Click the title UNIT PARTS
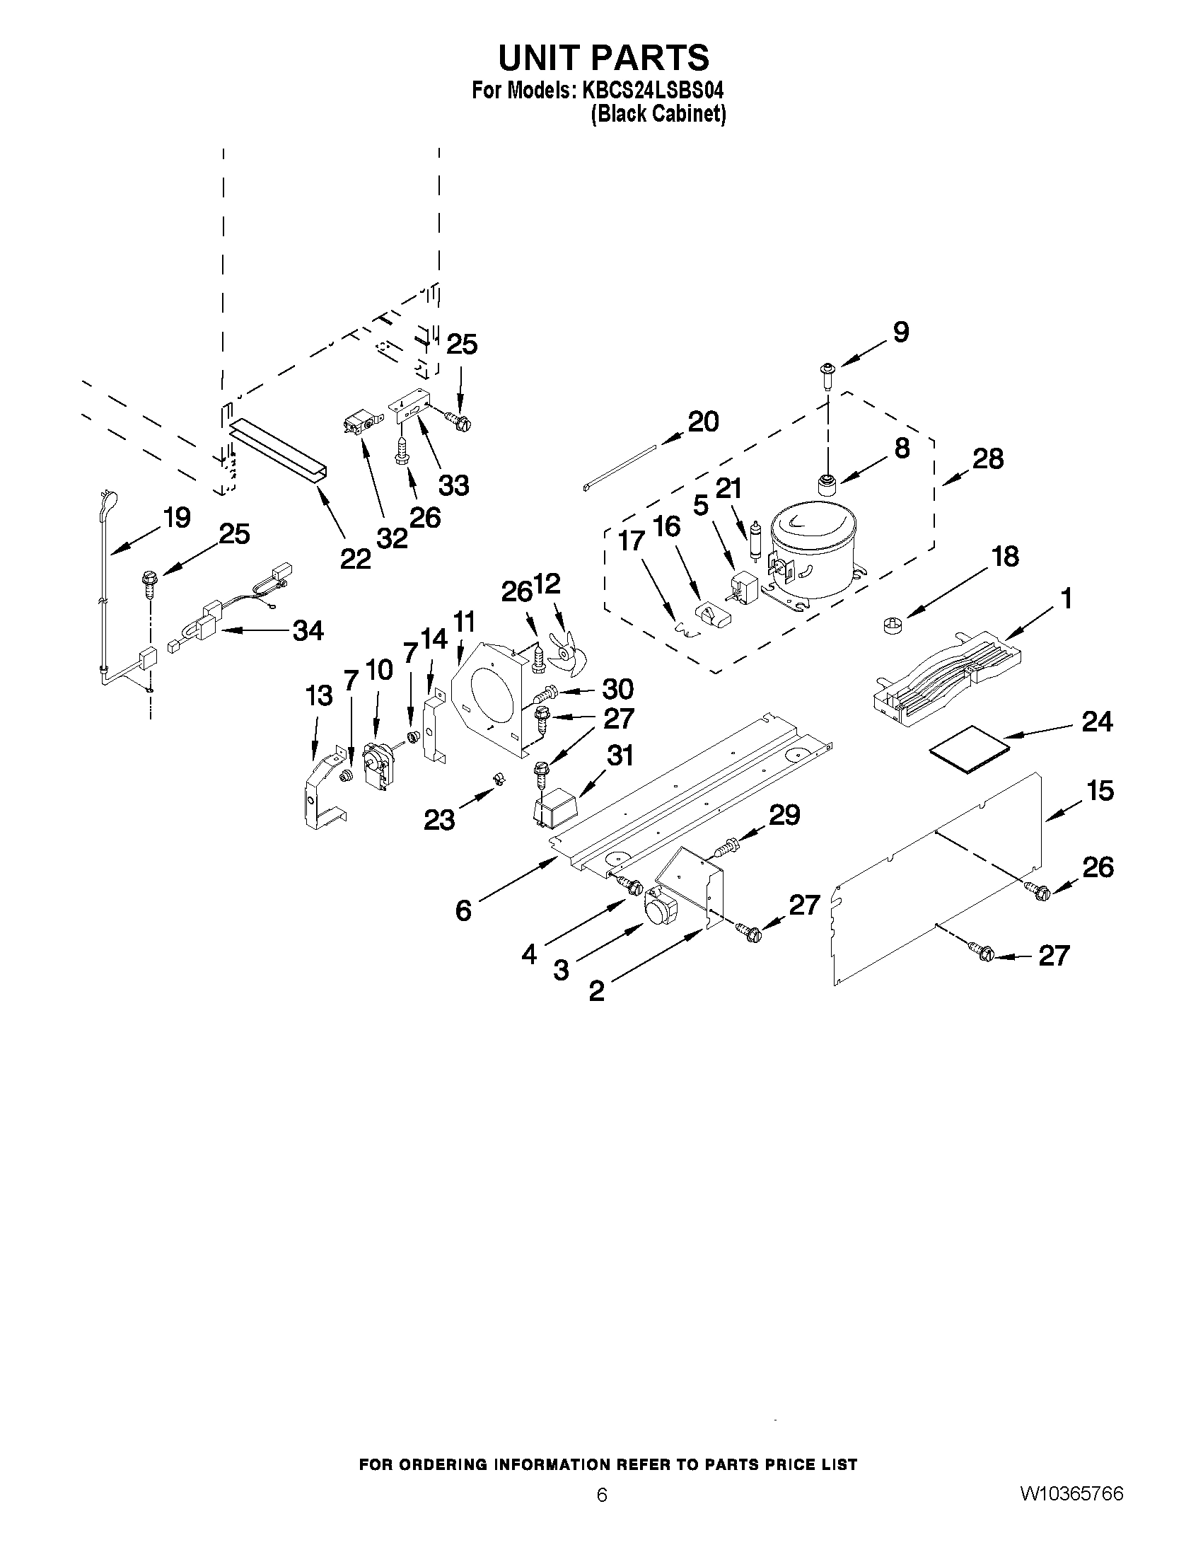603,57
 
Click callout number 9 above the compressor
901,332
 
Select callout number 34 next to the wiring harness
308,630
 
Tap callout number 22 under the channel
354,558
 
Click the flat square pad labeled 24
970,746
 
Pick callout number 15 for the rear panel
1100,790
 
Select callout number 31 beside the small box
620,755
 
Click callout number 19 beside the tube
176,517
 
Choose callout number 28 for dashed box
988,458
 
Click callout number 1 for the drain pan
1067,599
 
